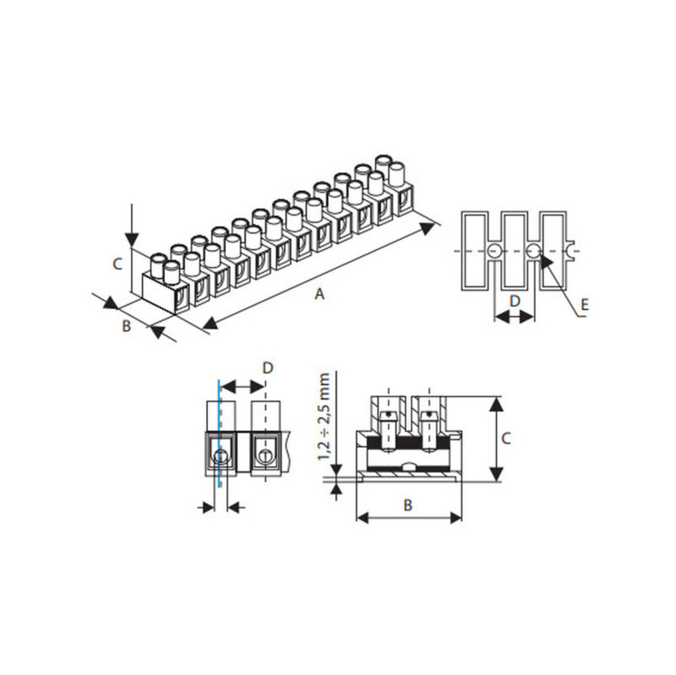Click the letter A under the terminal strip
click(x=319, y=293)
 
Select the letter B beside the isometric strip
click(x=126, y=326)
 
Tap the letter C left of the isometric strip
click(x=118, y=264)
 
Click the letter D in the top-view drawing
click(x=514, y=300)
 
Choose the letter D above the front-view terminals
click(x=267, y=367)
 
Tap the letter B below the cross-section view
click(x=407, y=504)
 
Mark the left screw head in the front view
click(x=221, y=457)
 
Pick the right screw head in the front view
click(x=265, y=457)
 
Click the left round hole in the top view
click(x=493, y=252)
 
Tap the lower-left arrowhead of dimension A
click(x=208, y=324)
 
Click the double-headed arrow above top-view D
click(x=514, y=317)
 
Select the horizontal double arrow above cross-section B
click(x=409, y=517)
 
